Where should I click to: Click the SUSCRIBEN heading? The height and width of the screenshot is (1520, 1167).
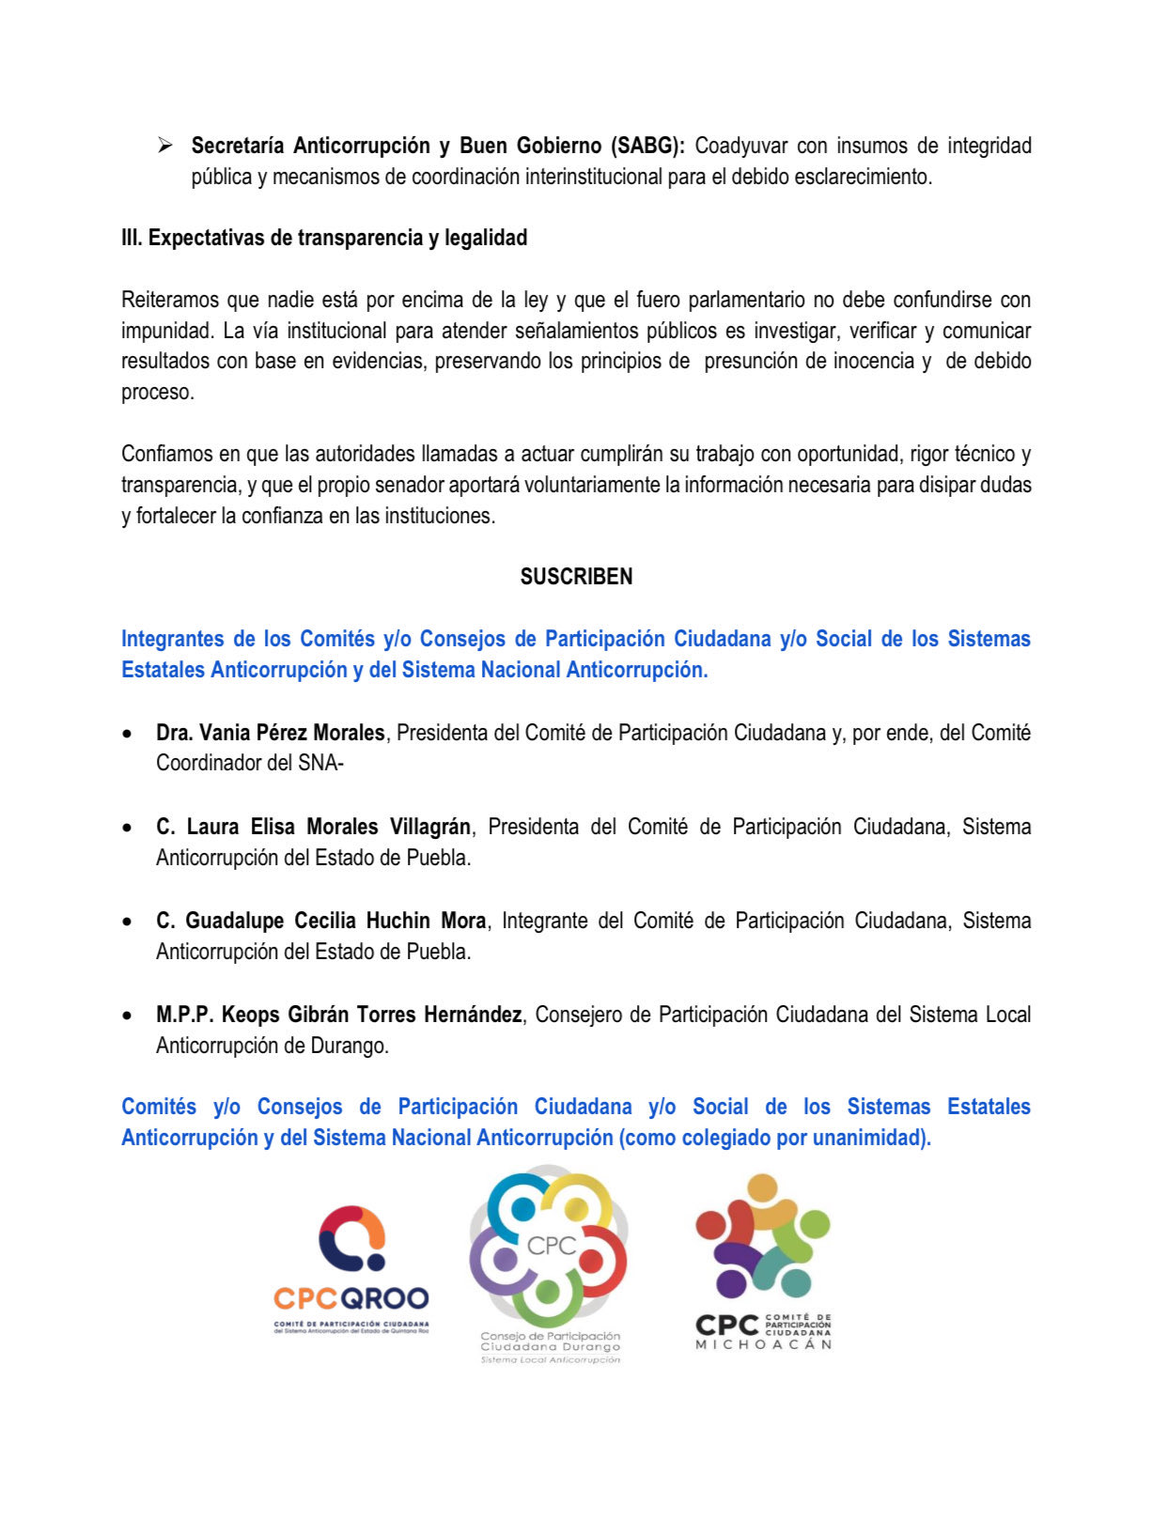[x=576, y=577]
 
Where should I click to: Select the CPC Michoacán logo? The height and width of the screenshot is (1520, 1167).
[x=763, y=1263]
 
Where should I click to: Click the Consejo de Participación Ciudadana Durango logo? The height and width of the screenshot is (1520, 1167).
[x=550, y=1264]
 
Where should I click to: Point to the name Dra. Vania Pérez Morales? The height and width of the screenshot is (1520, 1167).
[x=271, y=733]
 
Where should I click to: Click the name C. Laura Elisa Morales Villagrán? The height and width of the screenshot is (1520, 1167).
[x=313, y=827]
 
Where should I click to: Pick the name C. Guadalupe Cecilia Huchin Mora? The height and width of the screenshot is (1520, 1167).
[x=320, y=921]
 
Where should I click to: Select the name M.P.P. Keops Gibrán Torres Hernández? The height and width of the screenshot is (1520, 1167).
[x=338, y=1015]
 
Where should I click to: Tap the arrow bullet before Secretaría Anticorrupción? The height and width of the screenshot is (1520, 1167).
[x=165, y=146]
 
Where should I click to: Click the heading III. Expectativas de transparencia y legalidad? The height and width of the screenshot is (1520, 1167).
[x=324, y=238]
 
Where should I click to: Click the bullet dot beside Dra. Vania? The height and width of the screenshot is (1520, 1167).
[x=127, y=734]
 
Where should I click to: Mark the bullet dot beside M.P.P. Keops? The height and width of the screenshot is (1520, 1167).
[x=127, y=1016]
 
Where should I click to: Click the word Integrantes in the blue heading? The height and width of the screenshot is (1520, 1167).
[x=173, y=639]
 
